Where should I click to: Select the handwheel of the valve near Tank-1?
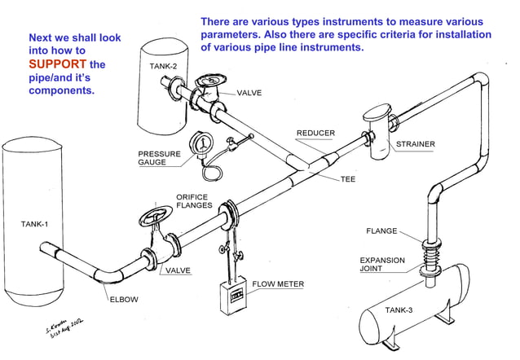click(153, 218)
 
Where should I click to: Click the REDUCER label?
click(315, 133)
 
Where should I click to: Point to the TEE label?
click(349, 179)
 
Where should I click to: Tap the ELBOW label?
click(124, 299)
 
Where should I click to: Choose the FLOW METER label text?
click(278, 284)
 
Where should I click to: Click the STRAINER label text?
click(415, 144)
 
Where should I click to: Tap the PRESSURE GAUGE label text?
click(153, 158)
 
